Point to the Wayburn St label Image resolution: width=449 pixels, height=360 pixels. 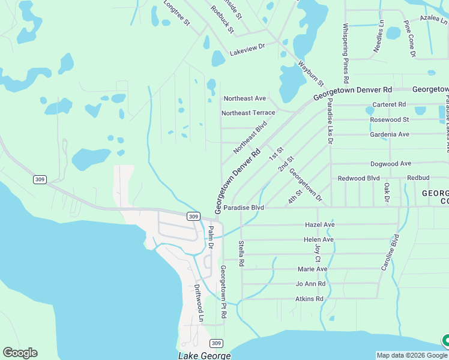(311, 72)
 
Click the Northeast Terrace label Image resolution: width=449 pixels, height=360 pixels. (248, 112)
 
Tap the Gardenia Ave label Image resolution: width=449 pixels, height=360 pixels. (390, 134)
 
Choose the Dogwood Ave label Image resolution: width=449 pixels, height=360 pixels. (391, 163)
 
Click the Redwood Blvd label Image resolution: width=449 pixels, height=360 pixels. (359, 178)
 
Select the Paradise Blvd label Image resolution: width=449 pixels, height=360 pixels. (248, 208)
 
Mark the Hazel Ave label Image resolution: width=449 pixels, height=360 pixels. (319, 224)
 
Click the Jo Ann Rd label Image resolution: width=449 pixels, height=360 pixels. (310, 284)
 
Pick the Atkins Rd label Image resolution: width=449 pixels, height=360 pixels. (309, 298)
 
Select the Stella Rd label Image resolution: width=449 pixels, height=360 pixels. (241, 253)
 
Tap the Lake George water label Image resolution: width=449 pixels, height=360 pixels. (204, 356)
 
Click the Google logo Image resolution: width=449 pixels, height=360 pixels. (20, 353)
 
